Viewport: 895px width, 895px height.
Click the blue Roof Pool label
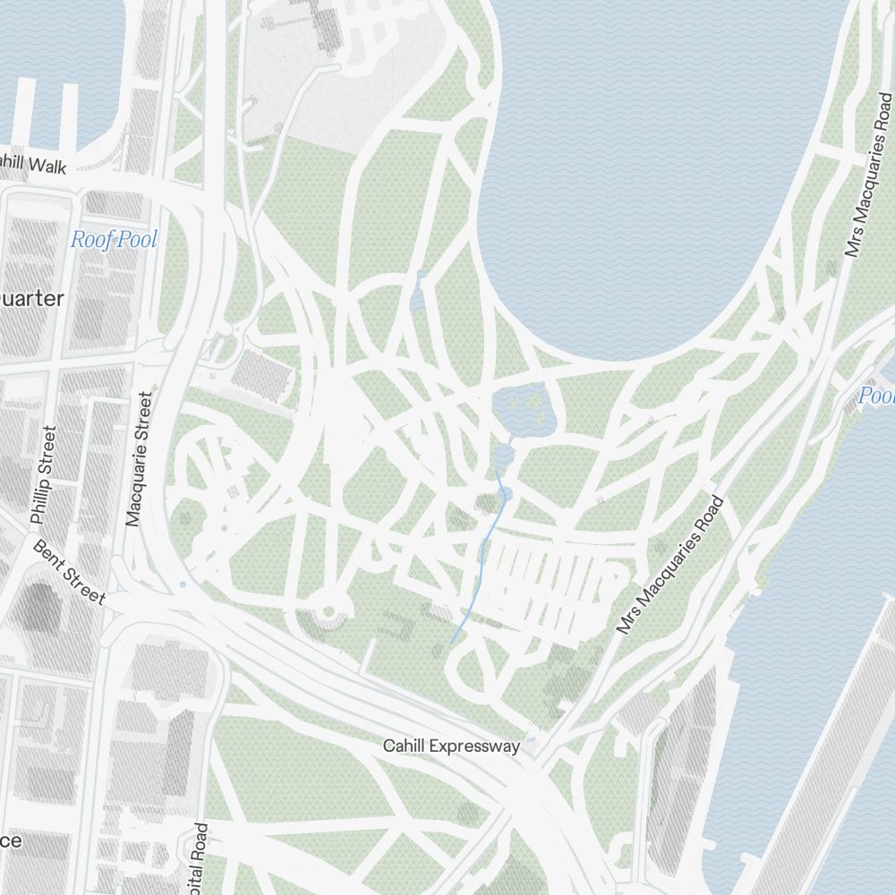pyautogui.click(x=114, y=240)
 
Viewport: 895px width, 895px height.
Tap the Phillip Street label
pyautogui.click(x=43, y=475)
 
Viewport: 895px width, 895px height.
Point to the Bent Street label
pyautogui.click(x=69, y=572)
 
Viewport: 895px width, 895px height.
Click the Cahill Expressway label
pyautogui.click(x=451, y=746)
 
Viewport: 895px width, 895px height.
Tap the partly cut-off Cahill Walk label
pyautogui.click(x=32, y=165)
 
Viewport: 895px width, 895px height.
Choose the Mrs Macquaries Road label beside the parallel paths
pyautogui.click(x=669, y=566)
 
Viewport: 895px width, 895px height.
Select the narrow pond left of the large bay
pyautogui.click(x=419, y=291)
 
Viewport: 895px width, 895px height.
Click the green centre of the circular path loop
pyautogui.click(x=328, y=612)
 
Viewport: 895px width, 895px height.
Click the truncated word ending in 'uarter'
pyautogui.click(x=32, y=298)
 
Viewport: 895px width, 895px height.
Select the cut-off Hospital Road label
pyautogui.click(x=200, y=857)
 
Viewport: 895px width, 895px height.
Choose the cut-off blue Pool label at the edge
pyautogui.click(x=875, y=396)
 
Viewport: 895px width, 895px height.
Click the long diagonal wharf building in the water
pyautogui.click(x=814, y=761)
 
